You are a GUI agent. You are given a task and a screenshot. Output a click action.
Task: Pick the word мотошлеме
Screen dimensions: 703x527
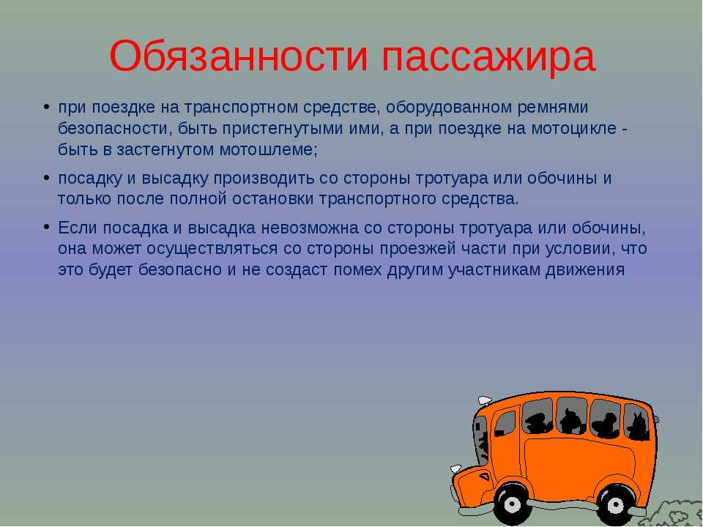[x=268, y=150]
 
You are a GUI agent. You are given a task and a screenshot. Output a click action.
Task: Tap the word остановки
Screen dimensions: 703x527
[x=272, y=198]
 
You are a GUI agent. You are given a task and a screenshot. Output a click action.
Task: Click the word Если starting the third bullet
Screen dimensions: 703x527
[x=78, y=228]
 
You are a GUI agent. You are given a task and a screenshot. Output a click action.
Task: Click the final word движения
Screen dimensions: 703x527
[x=585, y=270]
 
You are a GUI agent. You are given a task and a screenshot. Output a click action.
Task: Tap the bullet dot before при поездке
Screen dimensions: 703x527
[x=46, y=108]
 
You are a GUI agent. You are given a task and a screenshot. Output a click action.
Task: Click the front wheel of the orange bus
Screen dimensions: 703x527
[x=513, y=504]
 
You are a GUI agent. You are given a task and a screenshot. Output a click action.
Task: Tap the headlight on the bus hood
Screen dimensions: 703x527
[x=456, y=468]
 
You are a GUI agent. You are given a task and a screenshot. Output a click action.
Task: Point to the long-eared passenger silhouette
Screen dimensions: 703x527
[x=638, y=426]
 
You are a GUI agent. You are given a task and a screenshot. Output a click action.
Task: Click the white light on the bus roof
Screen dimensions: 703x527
[x=485, y=400]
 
